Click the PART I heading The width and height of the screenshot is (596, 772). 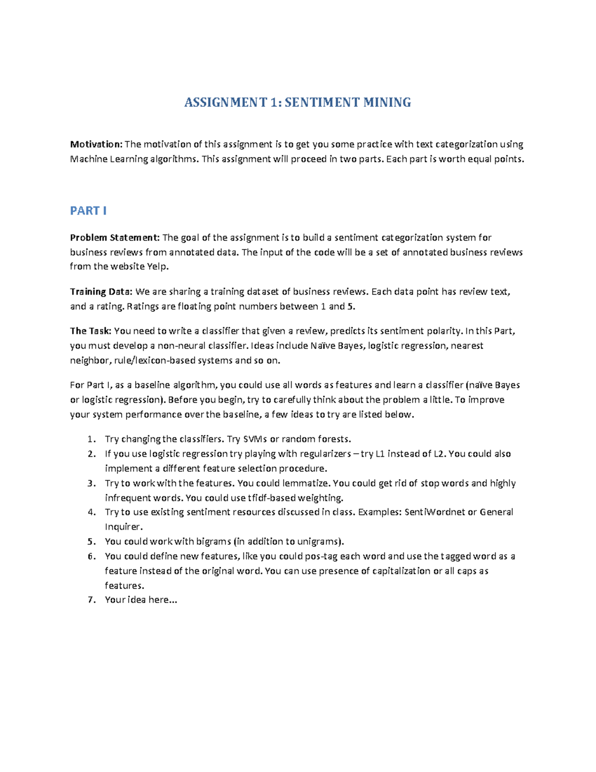tap(88, 211)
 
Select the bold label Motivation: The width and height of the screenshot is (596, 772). tap(96, 144)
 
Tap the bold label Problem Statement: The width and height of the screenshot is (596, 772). tap(115, 238)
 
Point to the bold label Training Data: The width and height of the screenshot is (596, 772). tap(101, 292)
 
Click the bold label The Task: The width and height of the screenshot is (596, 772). tap(91, 331)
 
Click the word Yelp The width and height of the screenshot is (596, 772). tap(157, 266)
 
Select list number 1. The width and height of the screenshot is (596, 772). tap(91, 439)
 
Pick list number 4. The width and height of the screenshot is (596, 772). tap(91, 512)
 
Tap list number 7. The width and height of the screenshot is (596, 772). tap(91, 600)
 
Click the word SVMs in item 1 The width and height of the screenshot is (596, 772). tap(255, 439)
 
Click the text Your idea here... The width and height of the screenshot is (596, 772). tap(141, 600)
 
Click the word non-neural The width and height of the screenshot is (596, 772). tap(181, 345)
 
